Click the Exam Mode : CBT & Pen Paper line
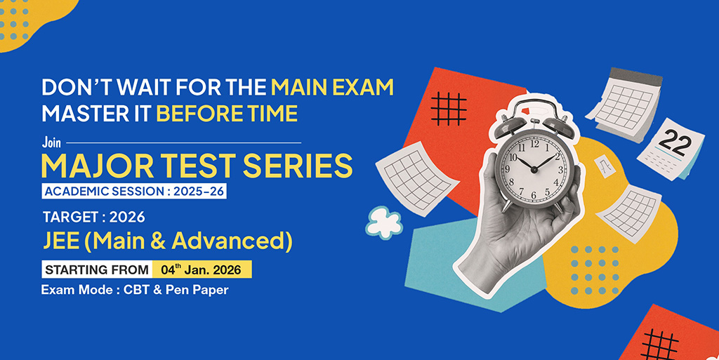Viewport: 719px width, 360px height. (x=135, y=289)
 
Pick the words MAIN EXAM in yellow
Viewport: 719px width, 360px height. (x=332, y=88)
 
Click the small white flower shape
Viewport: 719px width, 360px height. (x=384, y=221)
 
